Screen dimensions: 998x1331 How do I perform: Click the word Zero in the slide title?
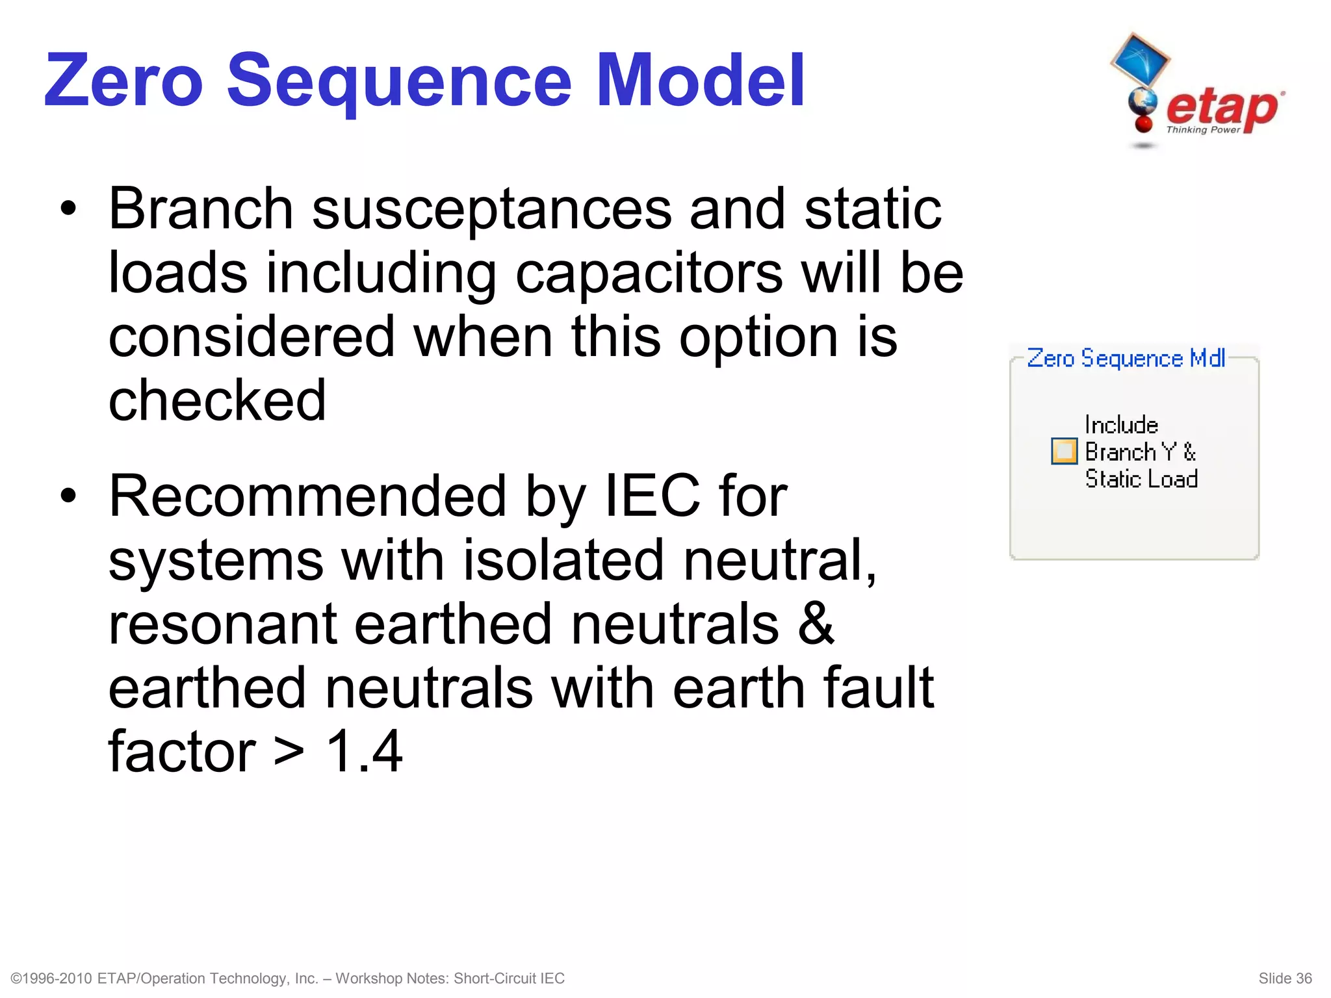123,81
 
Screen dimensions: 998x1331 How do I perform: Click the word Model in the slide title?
700,81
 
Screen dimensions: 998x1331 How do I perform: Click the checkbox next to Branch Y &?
1064,452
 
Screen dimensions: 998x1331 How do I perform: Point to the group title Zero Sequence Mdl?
1126,359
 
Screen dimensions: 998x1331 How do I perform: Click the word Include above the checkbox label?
1121,425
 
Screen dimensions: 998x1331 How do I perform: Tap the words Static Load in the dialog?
1141,479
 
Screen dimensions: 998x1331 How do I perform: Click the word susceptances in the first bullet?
491,209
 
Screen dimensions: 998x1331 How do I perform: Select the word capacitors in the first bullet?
649,273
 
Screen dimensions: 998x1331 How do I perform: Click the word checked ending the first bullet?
217,400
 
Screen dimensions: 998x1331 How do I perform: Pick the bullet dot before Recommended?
68,496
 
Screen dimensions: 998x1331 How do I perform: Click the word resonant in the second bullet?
222,624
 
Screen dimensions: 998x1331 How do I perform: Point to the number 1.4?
364,751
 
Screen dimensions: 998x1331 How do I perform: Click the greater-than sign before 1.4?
289,752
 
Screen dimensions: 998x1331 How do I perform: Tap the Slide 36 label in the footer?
1285,979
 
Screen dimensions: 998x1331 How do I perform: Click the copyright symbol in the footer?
18,979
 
